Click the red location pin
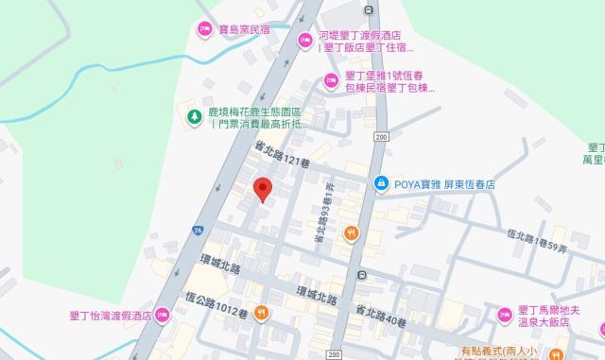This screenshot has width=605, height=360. click(264, 189)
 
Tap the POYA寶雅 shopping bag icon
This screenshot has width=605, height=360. click(380, 182)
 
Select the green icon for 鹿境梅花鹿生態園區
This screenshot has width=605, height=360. click(193, 116)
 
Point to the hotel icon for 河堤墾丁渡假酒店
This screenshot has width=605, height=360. click(304, 40)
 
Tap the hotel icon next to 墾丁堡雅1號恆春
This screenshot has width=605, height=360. click(331, 79)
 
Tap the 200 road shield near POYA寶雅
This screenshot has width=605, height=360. click(380, 138)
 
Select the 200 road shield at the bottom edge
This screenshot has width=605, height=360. click(332, 354)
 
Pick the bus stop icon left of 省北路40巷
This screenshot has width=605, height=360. click(361, 276)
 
